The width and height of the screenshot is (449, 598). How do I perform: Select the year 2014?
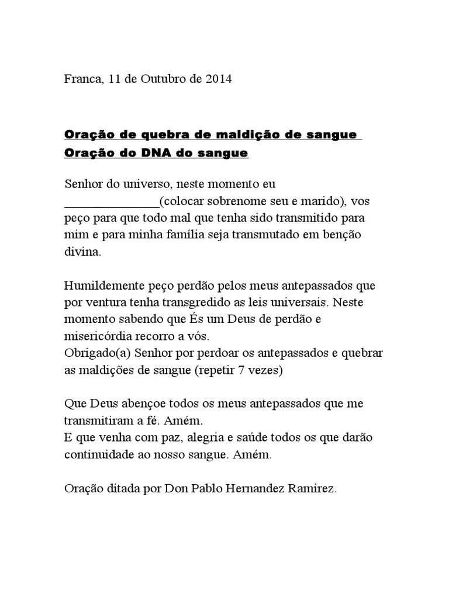pyautogui.click(x=217, y=79)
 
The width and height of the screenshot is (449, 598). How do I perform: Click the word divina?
pyautogui.click(x=82, y=253)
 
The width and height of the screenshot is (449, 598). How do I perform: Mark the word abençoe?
pyautogui.click(x=140, y=404)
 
